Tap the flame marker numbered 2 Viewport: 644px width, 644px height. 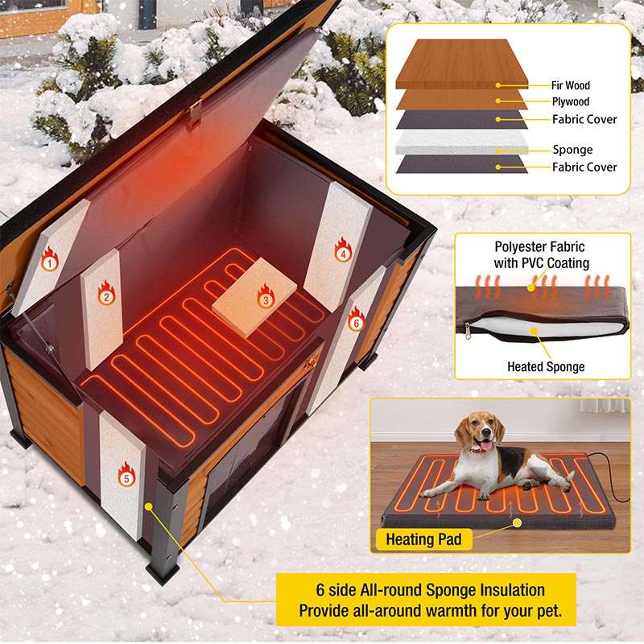pyautogui.click(x=105, y=292)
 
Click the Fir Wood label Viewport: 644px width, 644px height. pyautogui.click(x=571, y=85)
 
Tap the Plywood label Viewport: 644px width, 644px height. pyautogui.click(x=571, y=102)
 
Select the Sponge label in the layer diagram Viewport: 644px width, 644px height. pyautogui.click(x=572, y=150)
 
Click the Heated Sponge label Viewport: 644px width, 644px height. pyautogui.click(x=546, y=367)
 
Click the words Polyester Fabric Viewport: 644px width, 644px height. pyautogui.click(x=539, y=247)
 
